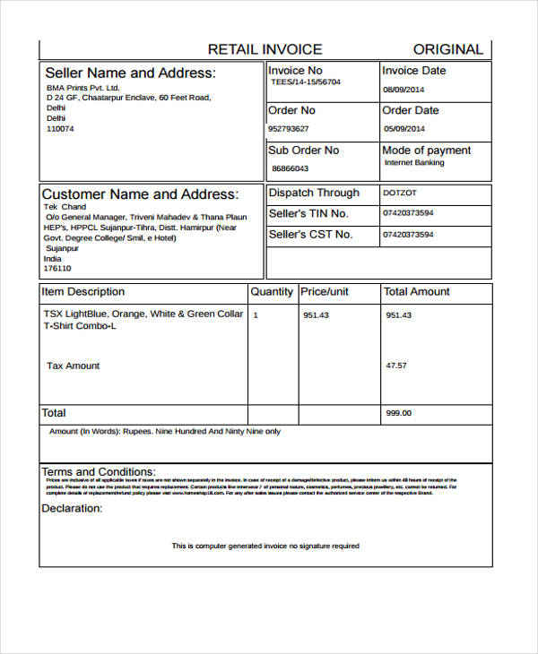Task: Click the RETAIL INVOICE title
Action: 265,49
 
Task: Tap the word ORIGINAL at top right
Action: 447,49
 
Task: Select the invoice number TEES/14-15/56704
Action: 306,82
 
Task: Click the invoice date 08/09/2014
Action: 403,90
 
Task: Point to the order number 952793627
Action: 292,128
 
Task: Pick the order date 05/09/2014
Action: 403,128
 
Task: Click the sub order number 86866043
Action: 290,168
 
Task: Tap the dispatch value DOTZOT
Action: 400,193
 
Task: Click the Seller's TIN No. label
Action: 308,213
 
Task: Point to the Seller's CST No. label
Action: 309,235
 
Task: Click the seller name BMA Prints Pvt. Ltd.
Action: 82,89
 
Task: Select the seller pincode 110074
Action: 60,129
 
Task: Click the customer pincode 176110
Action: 57,268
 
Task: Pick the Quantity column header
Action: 272,292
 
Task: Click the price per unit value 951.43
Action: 316,315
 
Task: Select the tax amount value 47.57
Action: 395,366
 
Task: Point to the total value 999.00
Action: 398,413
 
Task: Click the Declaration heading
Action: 72,508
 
